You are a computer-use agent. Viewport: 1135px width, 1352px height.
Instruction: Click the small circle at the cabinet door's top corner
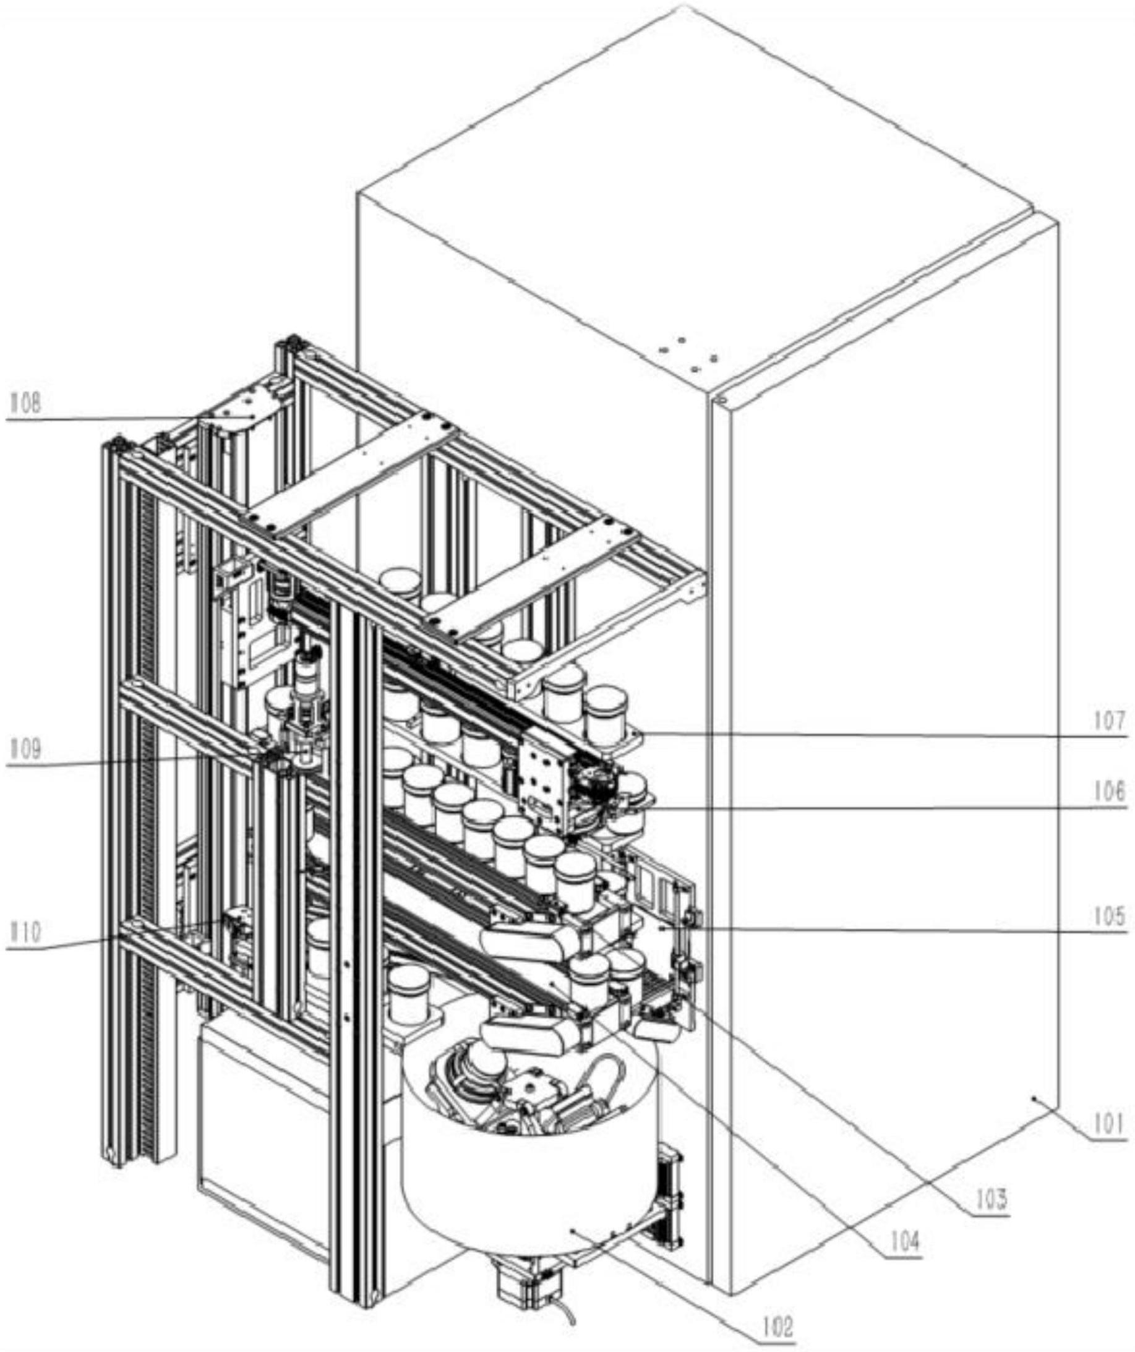[721, 400]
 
